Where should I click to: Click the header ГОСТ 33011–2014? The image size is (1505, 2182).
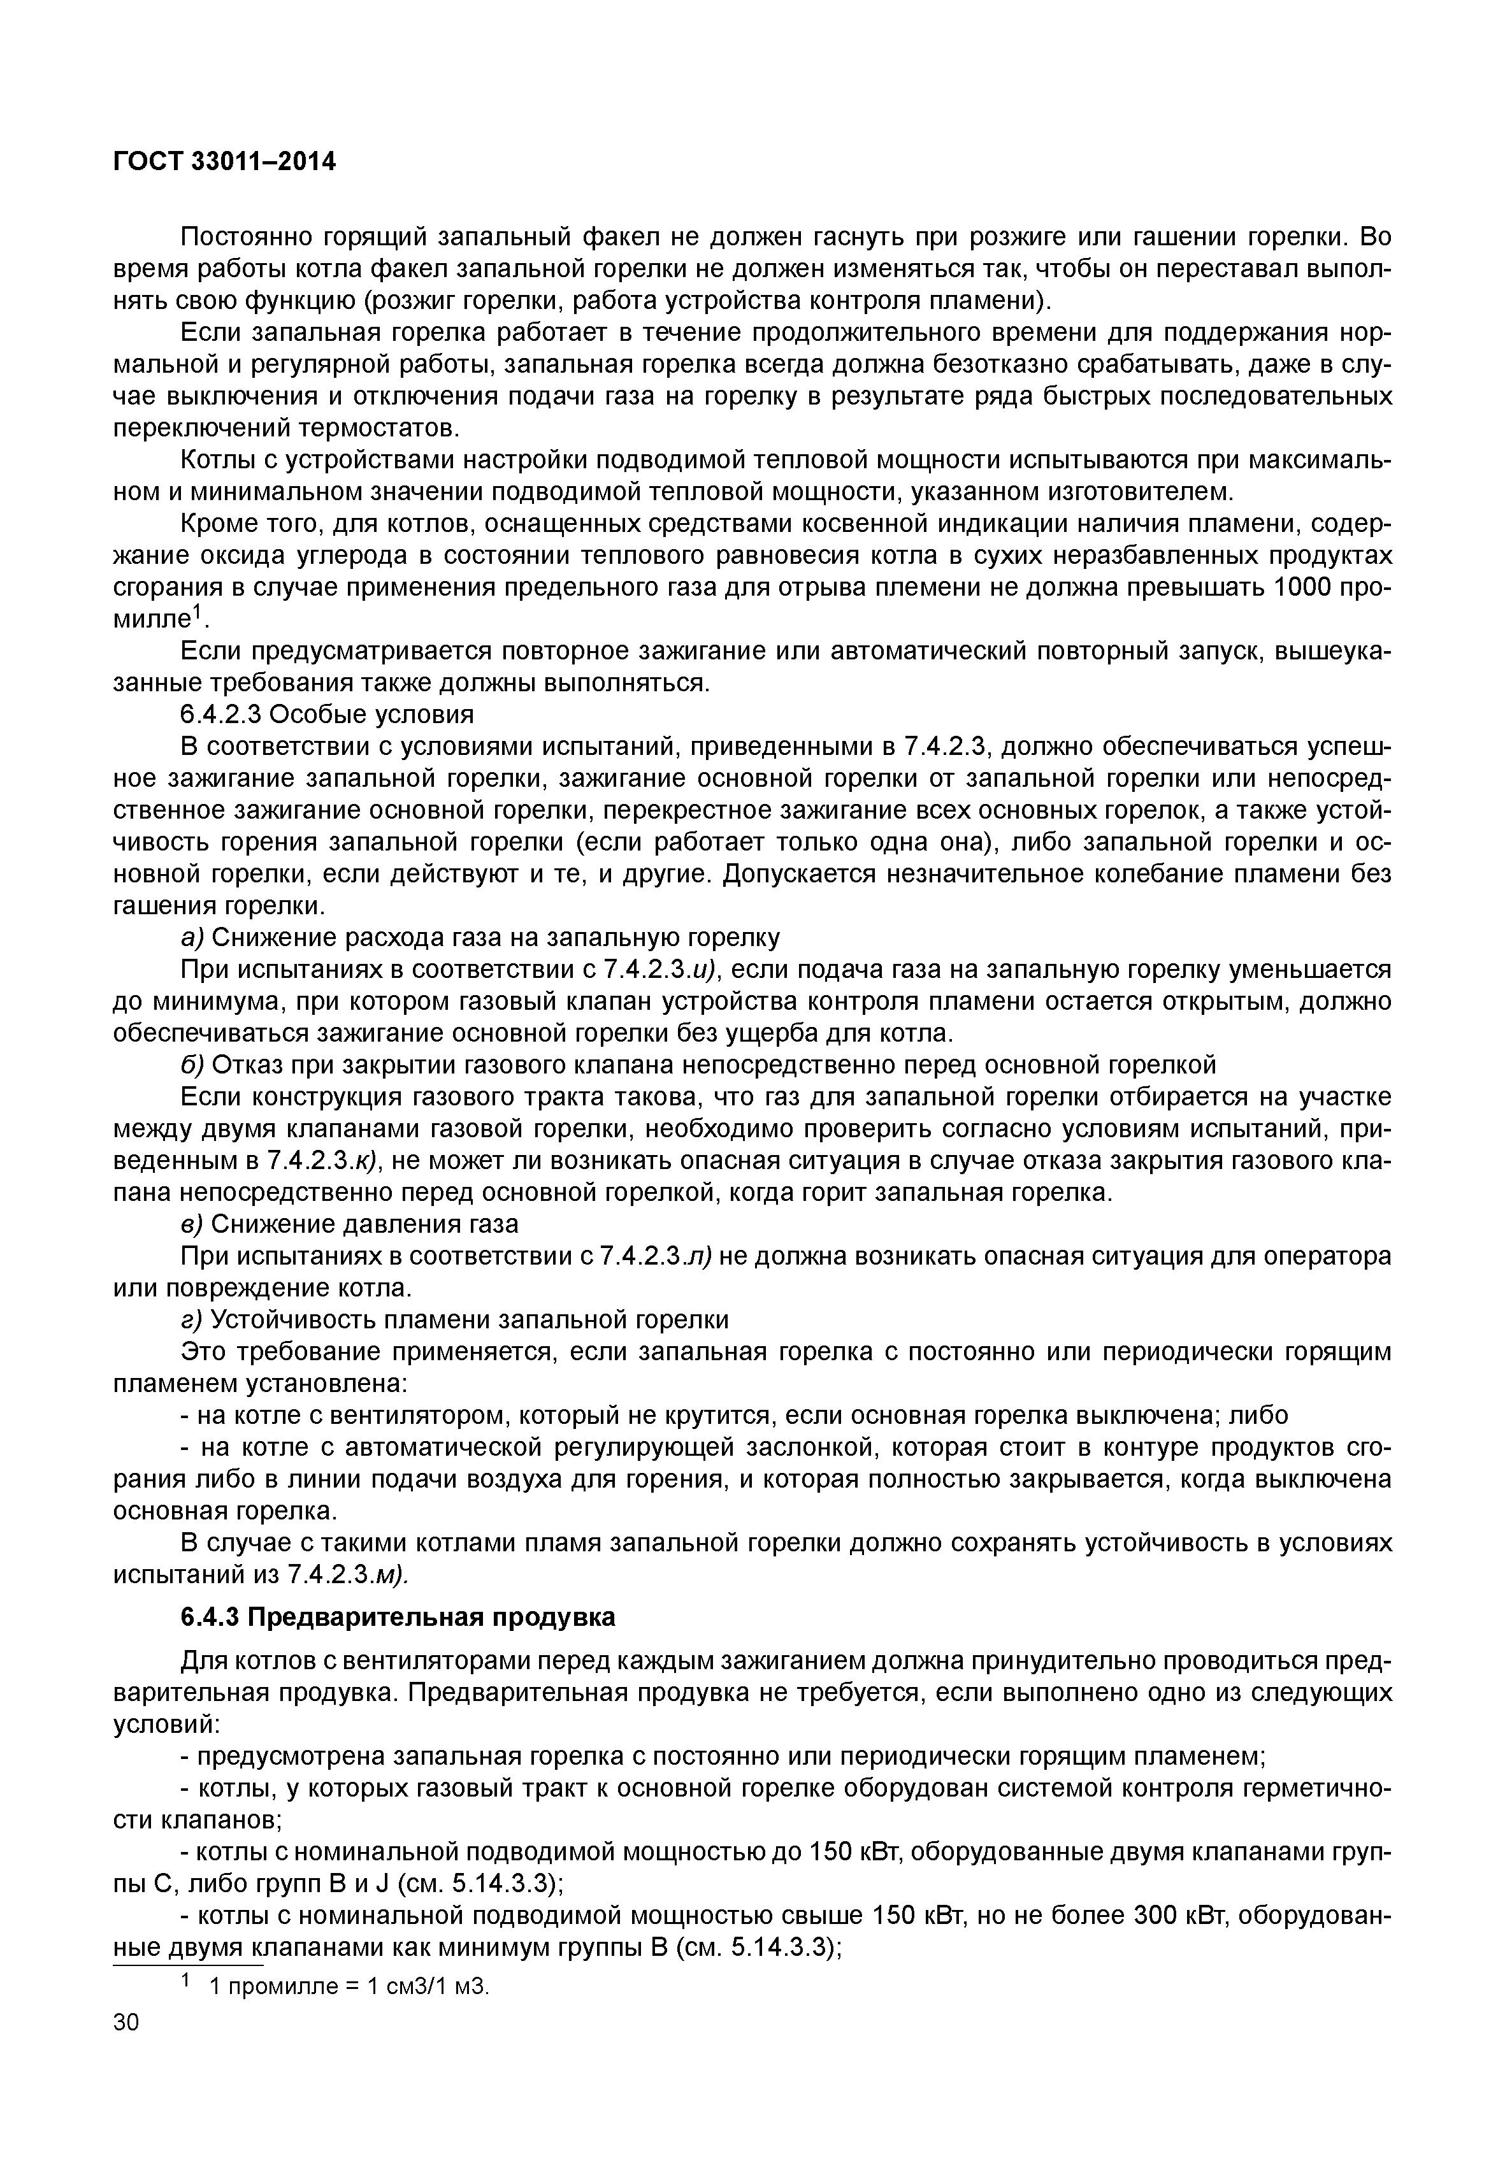click(x=224, y=162)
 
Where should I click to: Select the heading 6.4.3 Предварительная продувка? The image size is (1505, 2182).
click(x=398, y=1617)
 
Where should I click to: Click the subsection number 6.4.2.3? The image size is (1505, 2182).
click(x=224, y=713)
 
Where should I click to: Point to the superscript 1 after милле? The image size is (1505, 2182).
click(x=198, y=612)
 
